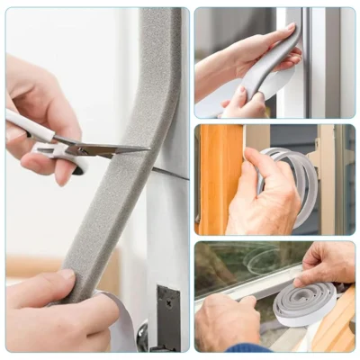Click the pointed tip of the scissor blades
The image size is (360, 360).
click(147, 148)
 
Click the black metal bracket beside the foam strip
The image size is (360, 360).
click(167, 315)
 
